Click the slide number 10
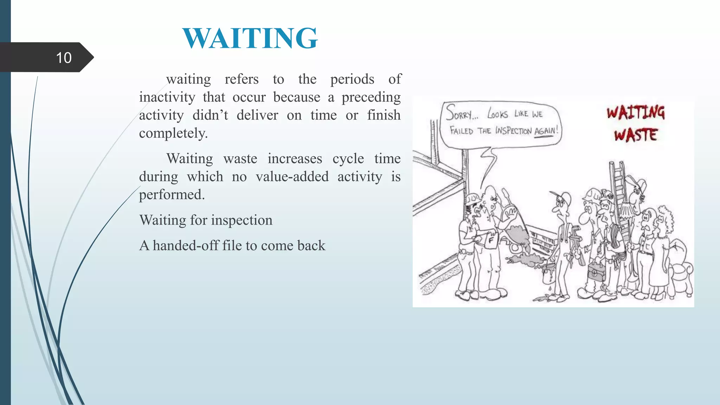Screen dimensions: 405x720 click(64, 58)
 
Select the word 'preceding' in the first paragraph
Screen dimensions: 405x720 click(371, 97)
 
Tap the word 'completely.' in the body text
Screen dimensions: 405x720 click(173, 133)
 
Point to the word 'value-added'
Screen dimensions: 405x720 click(292, 176)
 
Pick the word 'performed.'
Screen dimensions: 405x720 click(172, 194)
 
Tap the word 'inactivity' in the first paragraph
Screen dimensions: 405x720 click(167, 97)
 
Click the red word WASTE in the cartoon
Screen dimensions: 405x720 click(636, 135)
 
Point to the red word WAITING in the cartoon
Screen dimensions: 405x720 click(636, 113)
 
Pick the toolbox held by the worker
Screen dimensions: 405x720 click(596, 271)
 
